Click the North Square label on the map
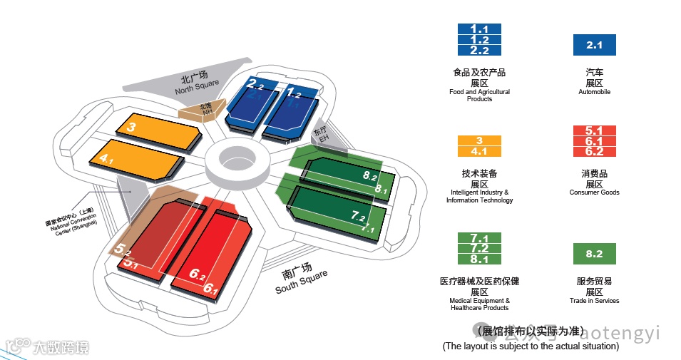point(198,84)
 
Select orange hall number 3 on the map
point(131,128)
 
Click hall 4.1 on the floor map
point(107,159)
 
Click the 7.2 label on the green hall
point(358,215)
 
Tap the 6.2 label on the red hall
point(198,273)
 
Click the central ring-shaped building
point(237,160)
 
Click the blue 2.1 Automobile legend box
point(594,46)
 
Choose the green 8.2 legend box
point(594,254)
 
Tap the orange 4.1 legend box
point(479,152)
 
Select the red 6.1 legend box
point(594,141)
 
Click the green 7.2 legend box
point(479,248)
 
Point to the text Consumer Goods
point(594,192)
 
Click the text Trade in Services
point(594,301)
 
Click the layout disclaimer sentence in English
point(531,346)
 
